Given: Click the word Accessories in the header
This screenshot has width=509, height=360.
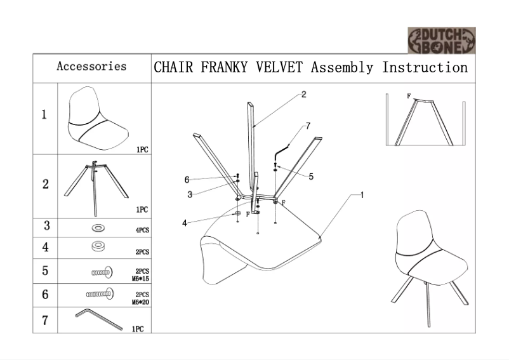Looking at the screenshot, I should point(91,66).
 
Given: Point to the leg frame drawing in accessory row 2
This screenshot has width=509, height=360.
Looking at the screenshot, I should point(95,183).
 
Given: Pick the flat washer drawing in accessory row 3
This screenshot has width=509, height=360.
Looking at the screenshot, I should point(99,227).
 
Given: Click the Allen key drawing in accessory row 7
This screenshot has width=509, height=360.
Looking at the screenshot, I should point(98,319).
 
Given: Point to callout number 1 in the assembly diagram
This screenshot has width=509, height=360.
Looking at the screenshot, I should point(362,194).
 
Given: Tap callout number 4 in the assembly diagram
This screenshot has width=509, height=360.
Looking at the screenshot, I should point(185,223).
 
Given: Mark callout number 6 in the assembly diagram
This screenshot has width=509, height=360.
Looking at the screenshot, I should point(187,180).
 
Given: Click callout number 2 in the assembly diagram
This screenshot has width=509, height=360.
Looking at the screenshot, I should point(304,95).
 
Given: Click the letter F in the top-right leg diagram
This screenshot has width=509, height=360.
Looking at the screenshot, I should point(409,97).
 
